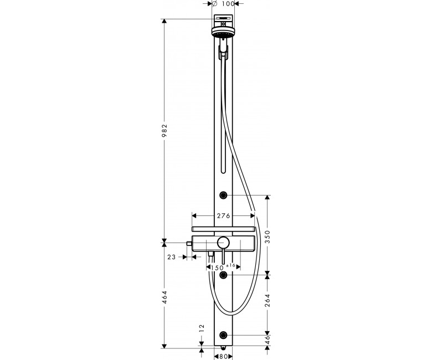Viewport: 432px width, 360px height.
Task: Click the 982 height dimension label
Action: click(x=164, y=131)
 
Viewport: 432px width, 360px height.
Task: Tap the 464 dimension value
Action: click(x=164, y=297)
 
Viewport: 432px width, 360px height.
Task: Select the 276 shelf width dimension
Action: click(x=223, y=216)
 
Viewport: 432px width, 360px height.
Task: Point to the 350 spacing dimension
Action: click(x=268, y=237)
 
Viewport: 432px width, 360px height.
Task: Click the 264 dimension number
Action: click(x=268, y=301)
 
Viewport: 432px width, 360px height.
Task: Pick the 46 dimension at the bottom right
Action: click(x=268, y=340)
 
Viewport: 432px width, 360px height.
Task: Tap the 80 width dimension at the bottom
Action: click(x=223, y=357)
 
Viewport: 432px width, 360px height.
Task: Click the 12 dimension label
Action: click(x=202, y=328)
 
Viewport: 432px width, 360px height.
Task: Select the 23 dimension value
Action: click(x=171, y=257)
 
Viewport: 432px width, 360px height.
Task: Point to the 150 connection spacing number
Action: click(x=217, y=268)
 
